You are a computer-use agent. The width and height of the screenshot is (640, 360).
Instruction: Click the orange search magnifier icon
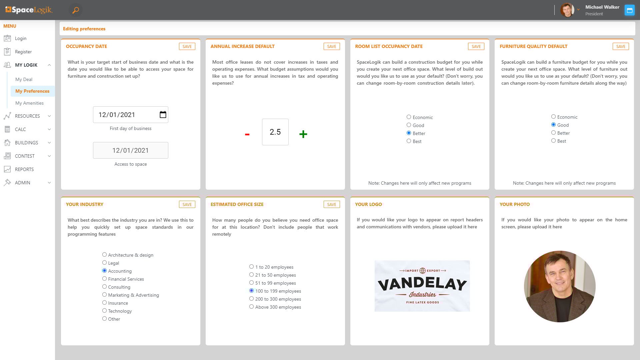(x=76, y=10)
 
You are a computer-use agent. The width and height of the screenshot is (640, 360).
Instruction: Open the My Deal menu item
(x=24, y=79)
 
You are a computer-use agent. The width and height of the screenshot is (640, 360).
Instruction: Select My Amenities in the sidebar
(x=29, y=103)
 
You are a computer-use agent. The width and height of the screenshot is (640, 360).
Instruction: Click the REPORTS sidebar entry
(x=24, y=169)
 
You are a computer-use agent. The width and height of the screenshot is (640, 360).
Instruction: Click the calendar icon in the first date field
(x=163, y=115)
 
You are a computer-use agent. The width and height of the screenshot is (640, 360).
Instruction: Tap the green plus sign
(x=303, y=134)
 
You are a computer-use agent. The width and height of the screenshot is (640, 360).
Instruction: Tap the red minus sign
(x=247, y=134)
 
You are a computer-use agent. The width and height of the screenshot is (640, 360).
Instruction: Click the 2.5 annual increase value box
(x=275, y=132)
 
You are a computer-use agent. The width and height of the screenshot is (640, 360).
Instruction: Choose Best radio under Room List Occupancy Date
(x=409, y=141)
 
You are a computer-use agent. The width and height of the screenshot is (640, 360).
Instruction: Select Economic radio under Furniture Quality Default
(x=553, y=117)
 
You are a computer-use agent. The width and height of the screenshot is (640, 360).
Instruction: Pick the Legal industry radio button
(x=104, y=263)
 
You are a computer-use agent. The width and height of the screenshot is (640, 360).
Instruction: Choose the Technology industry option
(x=104, y=311)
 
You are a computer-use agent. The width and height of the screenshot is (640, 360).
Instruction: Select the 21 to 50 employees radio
(x=251, y=275)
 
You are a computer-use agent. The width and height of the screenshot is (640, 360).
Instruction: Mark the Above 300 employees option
(x=251, y=307)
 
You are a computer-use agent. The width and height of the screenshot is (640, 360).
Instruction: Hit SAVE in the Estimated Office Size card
(x=331, y=204)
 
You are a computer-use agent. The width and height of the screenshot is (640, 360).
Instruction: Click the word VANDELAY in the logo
(x=422, y=284)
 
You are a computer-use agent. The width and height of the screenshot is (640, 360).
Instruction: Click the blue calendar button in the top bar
(x=629, y=10)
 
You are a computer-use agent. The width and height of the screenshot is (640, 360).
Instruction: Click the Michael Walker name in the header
(x=602, y=7)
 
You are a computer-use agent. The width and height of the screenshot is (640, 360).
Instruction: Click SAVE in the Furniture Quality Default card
(x=620, y=46)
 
